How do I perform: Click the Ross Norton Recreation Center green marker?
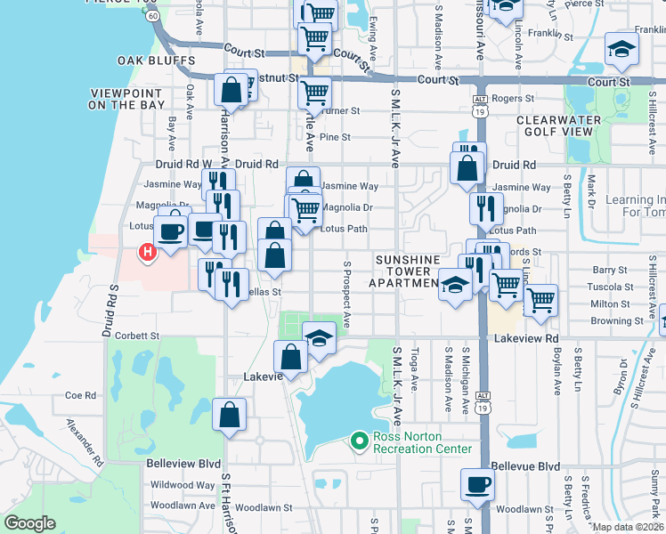(360, 441)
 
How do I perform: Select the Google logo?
(30, 523)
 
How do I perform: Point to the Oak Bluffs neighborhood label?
(156, 61)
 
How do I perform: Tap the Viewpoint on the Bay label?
(126, 99)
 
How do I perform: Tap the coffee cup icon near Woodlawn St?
(477, 484)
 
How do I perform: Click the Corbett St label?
(136, 336)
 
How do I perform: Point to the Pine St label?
(336, 137)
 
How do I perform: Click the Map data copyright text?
(628, 527)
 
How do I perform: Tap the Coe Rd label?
(80, 395)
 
